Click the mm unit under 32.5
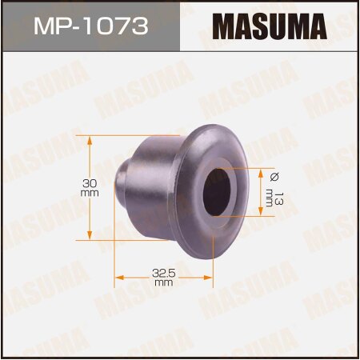pyautogui.click(x=165, y=283)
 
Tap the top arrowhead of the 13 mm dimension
pyautogui.click(x=262, y=170)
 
